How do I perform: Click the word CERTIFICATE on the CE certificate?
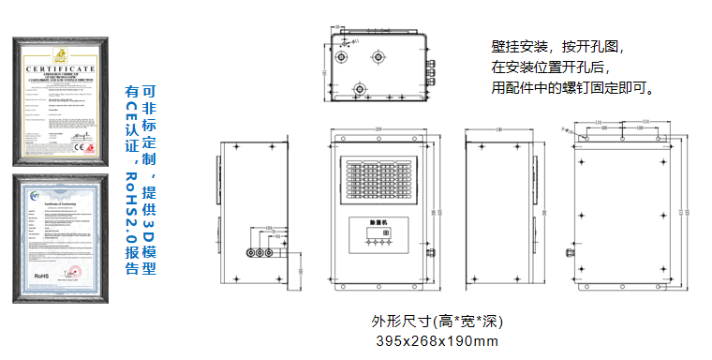click(x=59, y=69)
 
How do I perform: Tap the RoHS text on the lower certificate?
click(x=40, y=277)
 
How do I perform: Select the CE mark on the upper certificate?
click(x=79, y=148)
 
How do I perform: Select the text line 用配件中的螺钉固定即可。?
click(x=572, y=88)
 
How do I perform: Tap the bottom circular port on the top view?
click(x=359, y=90)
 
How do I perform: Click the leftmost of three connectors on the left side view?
click(x=250, y=252)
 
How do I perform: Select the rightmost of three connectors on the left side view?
click(x=270, y=252)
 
